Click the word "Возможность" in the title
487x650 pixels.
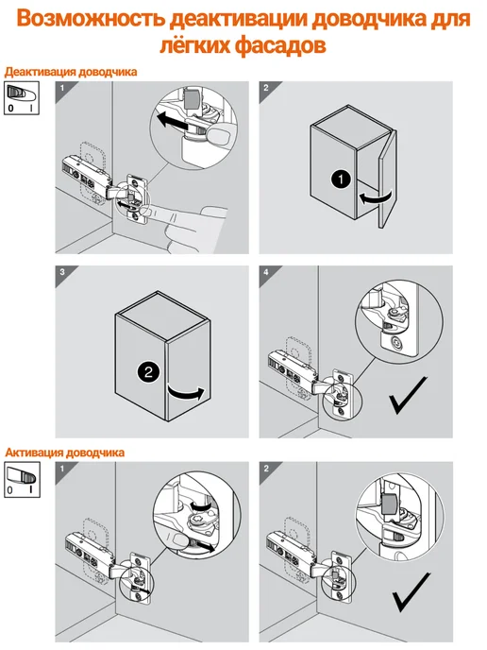click(x=92, y=19)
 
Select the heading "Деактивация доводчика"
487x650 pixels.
click(x=71, y=72)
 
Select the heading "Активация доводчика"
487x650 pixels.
click(x=64, y=453)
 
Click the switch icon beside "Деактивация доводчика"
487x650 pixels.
click(x=22, y=98)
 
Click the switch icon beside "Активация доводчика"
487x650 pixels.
click(x=22, y=480)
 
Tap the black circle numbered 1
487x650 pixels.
click(x=341, y=180)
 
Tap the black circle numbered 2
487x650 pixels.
click(x=148, y=371)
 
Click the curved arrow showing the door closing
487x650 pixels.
click(x=375, y=197)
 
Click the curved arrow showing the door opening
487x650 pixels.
click(x=186, y=393)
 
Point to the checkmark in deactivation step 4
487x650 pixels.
click(x=408, y=395)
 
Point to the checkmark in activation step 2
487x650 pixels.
click(x=411, y=592)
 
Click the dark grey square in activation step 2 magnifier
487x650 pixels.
click(x=389, y=502)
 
